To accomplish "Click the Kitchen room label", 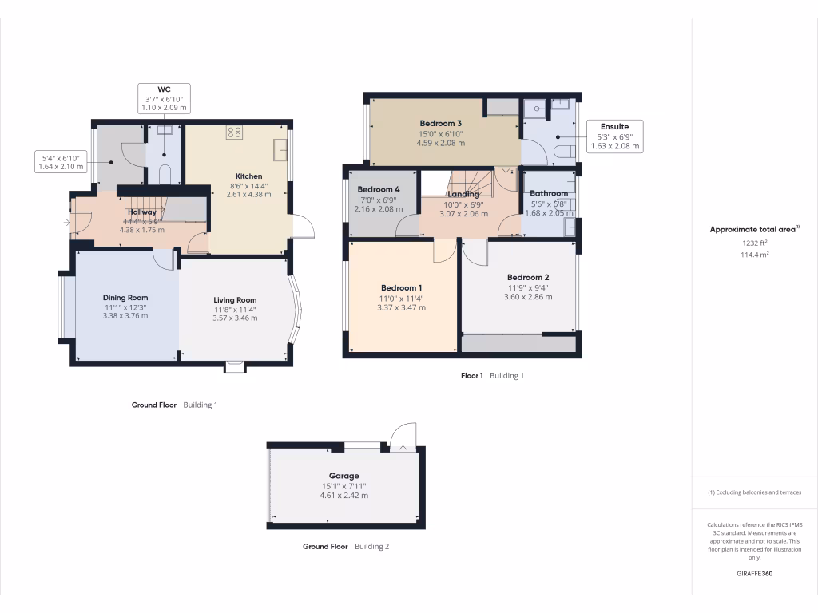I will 248,176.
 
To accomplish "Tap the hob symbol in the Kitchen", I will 234,132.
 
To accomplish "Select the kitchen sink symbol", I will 280,149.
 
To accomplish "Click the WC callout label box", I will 164,97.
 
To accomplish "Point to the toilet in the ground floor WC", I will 165,174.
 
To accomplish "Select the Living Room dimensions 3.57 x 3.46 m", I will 235,318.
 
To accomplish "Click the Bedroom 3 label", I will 441,124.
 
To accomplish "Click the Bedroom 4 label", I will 379,189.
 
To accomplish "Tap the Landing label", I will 463,194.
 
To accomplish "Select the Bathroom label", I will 549,193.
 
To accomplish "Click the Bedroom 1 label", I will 402,288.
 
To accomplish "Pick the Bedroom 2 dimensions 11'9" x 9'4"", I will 528,287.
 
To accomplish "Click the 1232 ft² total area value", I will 754,243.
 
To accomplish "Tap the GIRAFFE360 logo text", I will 754,574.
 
